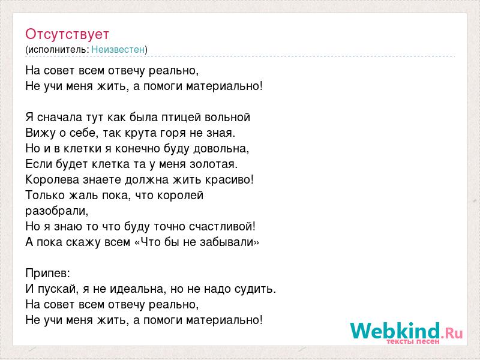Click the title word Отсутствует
pos(67,34)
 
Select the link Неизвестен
pos(118,49)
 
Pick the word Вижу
pos(38,133)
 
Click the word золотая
pos(213,164)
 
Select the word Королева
pos(52,179)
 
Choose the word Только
pos(45,196)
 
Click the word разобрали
pos(56,211)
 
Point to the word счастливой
pos(221,227)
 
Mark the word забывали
pos(229,242)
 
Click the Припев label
pos(47,274)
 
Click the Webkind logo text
pos(395,331)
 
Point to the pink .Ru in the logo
pos(451,333)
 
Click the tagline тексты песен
pos(413,341)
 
